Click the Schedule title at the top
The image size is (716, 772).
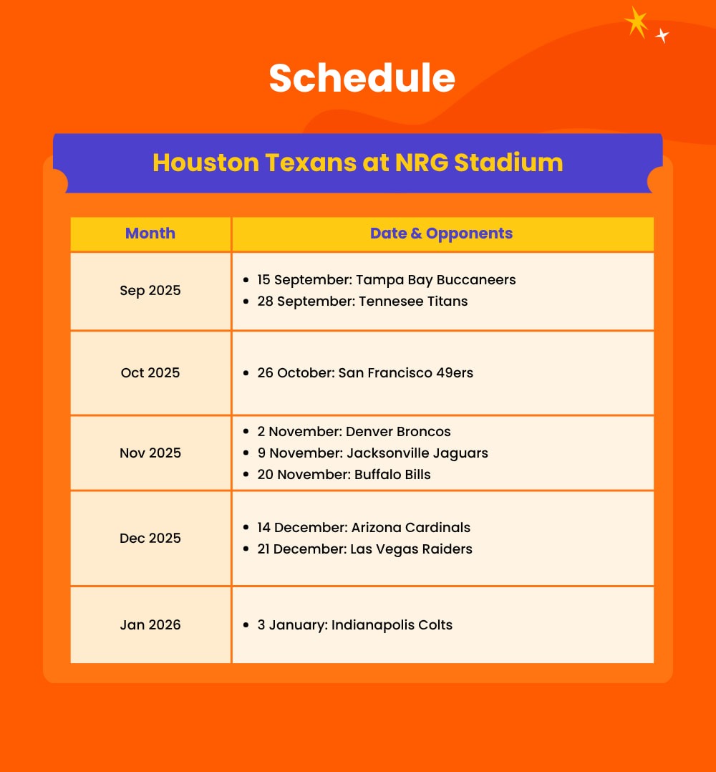pyautogui.click(x=362, y=78)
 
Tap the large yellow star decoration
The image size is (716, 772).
pyautogui.click(x=637, y=22)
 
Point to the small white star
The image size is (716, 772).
pyautogui.click(x=662, y=36)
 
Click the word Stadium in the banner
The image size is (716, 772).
pyautogui.click(x=508, y=163)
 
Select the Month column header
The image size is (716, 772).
pyautogui.click(x=150, y=233)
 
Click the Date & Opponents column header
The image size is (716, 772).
pyautogui.click(x=441, y=233)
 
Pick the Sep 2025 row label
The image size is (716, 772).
pyautogui.click(x=150, y=291)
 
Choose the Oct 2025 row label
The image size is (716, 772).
pyautogui.click(x=150, y=372)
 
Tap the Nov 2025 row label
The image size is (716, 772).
pyautogui.click(x=150, y=453)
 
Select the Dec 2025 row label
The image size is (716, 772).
pyautogui.click(x=150, y=538)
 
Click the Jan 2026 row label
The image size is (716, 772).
pyautogui.click(x=150, y=624)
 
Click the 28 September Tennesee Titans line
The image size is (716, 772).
pyautogui.click(x=362, y=301)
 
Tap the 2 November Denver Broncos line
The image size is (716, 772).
pyautogui.click(x=354, y=432)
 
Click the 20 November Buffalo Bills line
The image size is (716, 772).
pyautogui.click(x=344, y=475)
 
